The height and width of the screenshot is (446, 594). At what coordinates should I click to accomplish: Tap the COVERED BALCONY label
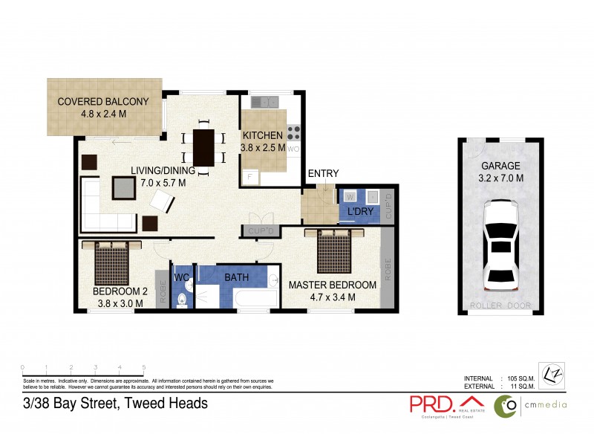point(103,102)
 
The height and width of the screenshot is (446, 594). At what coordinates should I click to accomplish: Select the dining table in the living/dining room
point(203,148)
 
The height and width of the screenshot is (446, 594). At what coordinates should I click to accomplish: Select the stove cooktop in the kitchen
point(293,133)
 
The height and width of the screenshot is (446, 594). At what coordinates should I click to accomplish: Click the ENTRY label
point(323,174)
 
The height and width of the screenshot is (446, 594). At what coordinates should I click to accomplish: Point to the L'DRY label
point(359,213)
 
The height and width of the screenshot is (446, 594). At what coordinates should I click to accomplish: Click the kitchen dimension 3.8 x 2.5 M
point(263,148)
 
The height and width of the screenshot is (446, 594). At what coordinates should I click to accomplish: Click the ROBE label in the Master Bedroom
point(387,265)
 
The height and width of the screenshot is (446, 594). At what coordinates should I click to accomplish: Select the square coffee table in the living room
point(124,188)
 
